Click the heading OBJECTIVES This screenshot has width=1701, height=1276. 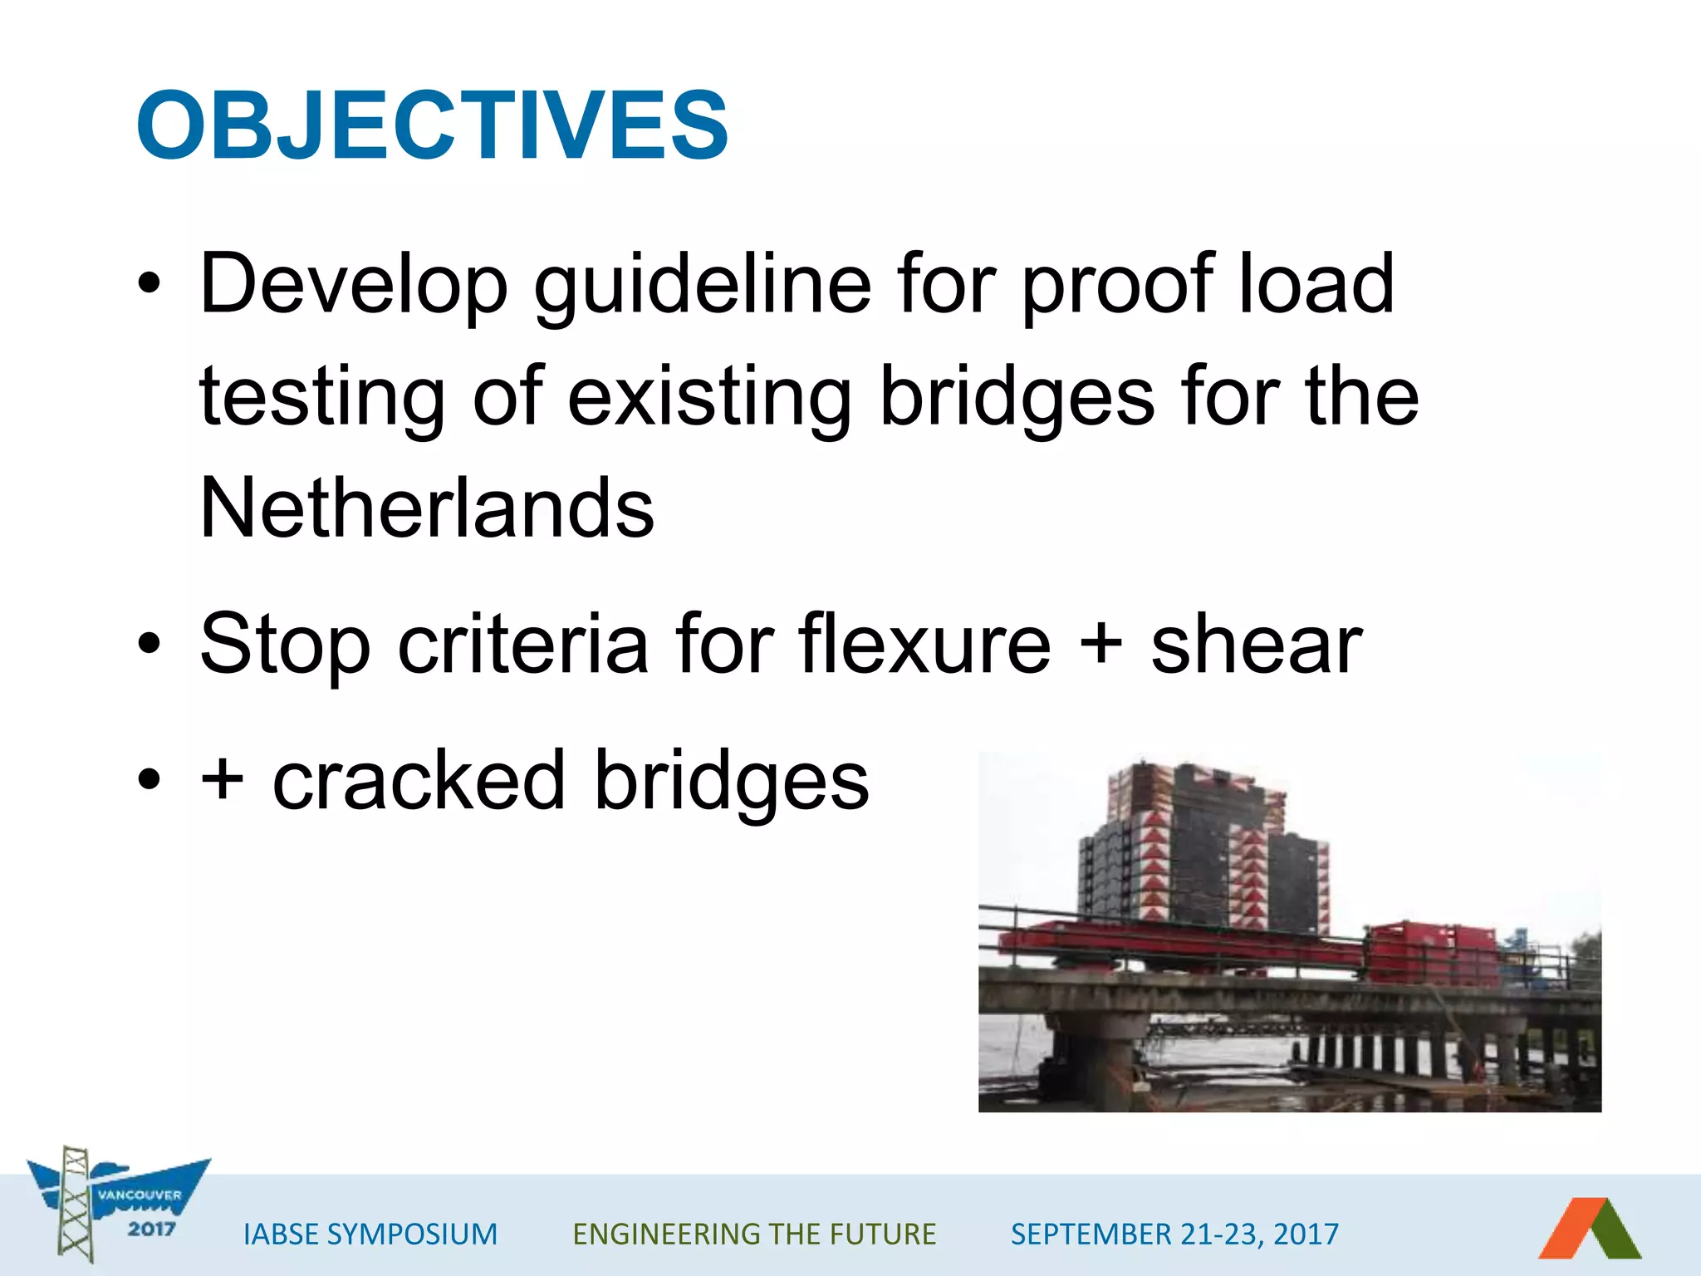[432, 126]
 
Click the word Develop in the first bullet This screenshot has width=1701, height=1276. [354, 285]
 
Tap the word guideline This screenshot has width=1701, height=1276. [702, 285]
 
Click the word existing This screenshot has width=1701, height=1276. [710, 397]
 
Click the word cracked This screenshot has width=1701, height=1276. [419, 781]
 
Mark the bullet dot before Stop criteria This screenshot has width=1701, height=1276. [149, 644]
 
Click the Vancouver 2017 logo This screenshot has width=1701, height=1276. [116, 1205]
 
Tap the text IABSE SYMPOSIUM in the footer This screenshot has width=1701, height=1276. [370, 1234]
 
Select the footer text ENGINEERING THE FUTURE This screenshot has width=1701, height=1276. [754, 1234]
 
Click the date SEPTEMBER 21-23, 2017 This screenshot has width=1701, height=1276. [1174, 1234]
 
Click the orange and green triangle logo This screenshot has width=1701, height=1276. [1590, 1229]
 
